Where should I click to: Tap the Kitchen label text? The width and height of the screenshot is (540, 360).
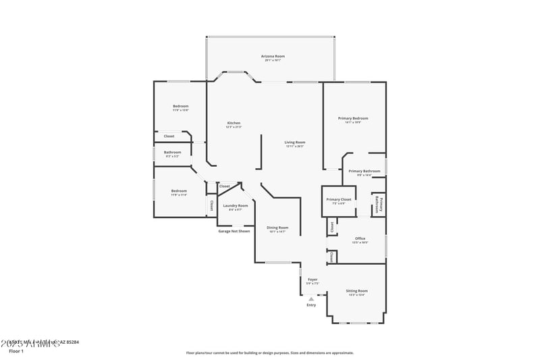click(233, 123)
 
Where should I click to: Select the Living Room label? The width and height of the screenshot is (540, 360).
click(294, 142)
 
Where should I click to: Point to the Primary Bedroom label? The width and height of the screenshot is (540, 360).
click(353, 118)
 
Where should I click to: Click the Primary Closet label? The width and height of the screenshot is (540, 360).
click(338, 199)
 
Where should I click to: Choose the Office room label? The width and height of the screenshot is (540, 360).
click(360, 238)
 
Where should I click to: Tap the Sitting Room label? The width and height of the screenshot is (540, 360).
click(357, 290)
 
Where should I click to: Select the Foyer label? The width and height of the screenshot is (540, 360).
click(313, 279)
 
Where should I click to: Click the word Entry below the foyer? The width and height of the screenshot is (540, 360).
click(311, 305)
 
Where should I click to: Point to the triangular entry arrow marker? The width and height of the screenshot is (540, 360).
click(311, 299)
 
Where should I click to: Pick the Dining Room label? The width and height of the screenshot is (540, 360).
click(277, 228)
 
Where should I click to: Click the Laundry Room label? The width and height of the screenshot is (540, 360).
click(236, 205)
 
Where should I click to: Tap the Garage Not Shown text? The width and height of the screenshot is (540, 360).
click(234, 231)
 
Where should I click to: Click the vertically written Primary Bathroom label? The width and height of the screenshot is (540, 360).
click(379, 205)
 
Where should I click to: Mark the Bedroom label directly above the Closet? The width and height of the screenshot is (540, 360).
click(180, 106)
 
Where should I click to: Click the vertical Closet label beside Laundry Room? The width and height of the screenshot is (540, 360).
click(211, 205)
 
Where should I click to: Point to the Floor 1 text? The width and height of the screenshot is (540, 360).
click(16, 351)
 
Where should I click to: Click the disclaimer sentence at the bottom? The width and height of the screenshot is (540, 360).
click(270, 353)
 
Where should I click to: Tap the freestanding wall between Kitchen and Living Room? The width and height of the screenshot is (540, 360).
click(260, 151)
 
